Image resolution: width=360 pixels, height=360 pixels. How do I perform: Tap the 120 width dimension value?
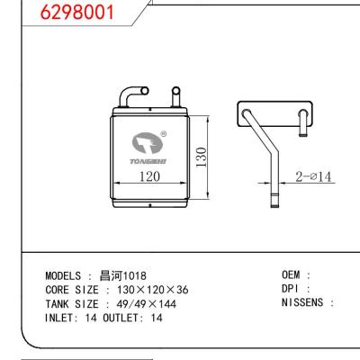tap(149, 176)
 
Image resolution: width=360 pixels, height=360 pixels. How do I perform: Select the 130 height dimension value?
tap(201, 158)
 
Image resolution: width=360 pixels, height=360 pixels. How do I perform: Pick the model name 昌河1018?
tap(122, 274)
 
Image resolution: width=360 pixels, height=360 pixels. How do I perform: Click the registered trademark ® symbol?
tap(163, 135)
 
